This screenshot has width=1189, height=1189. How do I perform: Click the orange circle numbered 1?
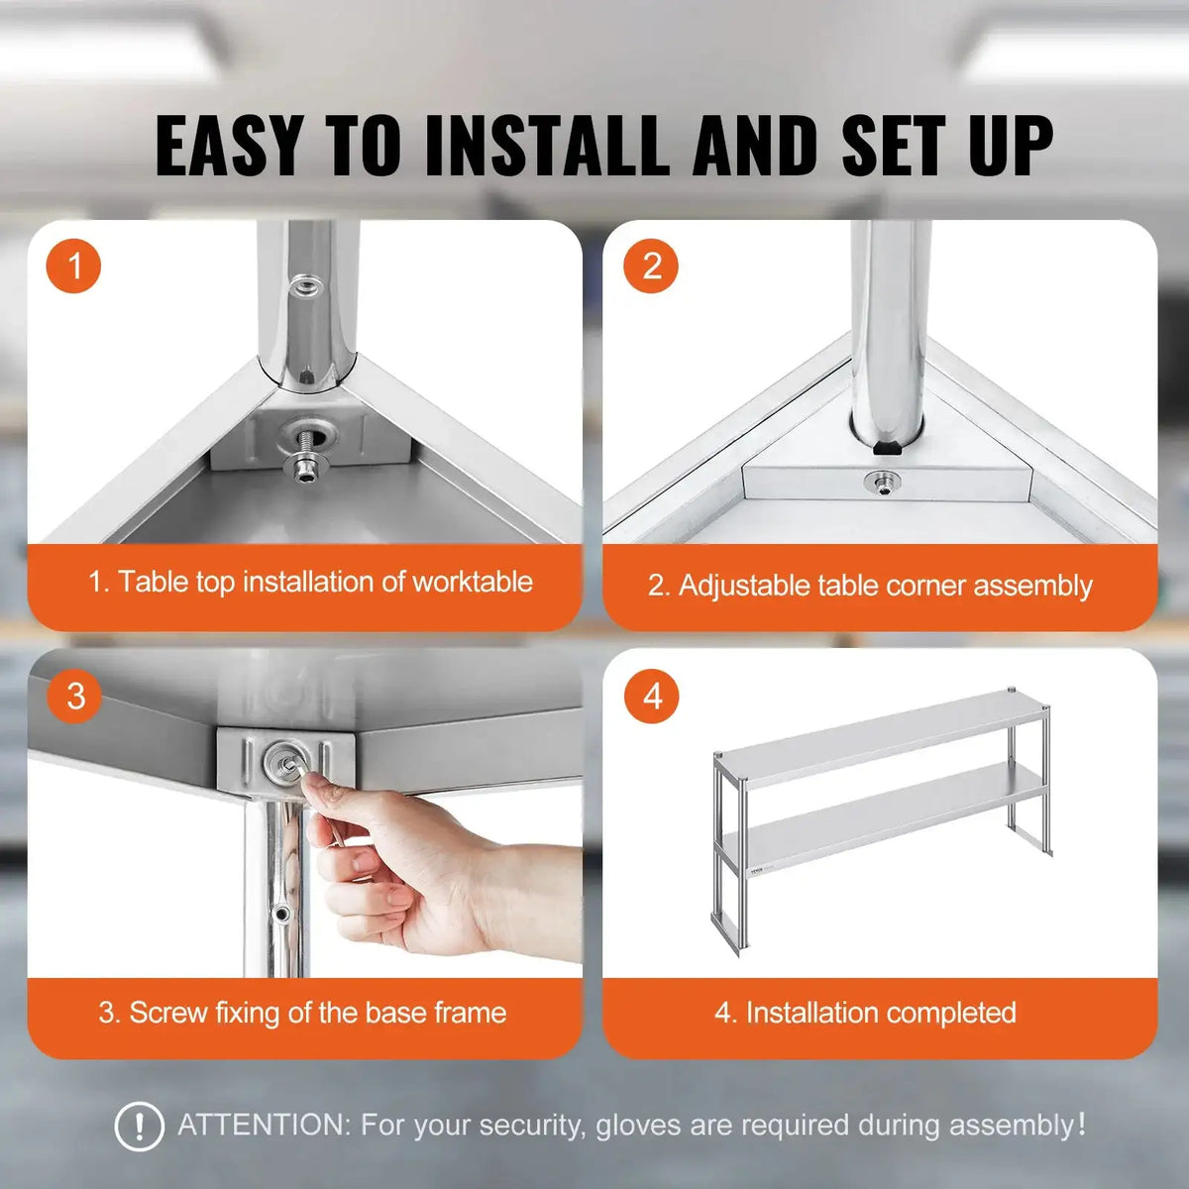click(x=73, y=266)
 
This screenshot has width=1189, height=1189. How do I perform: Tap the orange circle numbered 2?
click(x=651, y=266)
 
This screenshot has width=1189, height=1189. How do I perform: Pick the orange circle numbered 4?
click(x=651, y=696)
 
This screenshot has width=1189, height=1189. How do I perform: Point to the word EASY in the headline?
click(x=229, y=147)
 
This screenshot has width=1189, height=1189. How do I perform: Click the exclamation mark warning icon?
click(x=140, y=1127)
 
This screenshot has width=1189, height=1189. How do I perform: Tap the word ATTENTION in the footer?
click(x=264, y=1126)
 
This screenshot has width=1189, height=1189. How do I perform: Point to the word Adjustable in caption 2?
click(x=743, y=586)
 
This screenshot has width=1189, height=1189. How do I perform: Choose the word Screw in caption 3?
click(x=167, y=1013)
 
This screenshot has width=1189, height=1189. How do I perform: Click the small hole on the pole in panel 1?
click(x=306, y=286)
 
